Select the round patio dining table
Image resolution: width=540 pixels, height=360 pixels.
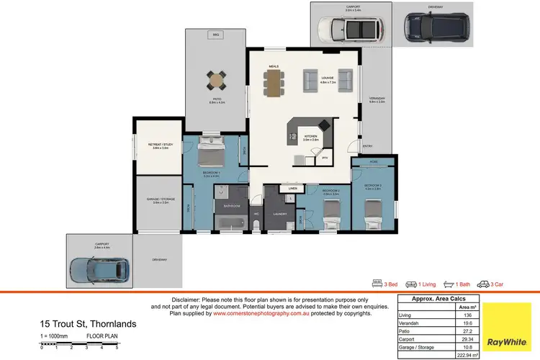[x=216, y=77]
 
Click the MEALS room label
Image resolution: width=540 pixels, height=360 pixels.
[x=274, y=66]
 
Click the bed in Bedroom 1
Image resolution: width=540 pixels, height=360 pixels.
[x=212, y=154]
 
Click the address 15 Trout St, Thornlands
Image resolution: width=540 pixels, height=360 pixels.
[x=88, y=323]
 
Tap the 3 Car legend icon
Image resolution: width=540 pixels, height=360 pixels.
[x=486, y=284]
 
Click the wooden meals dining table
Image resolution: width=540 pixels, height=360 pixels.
[x=274, y=82]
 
